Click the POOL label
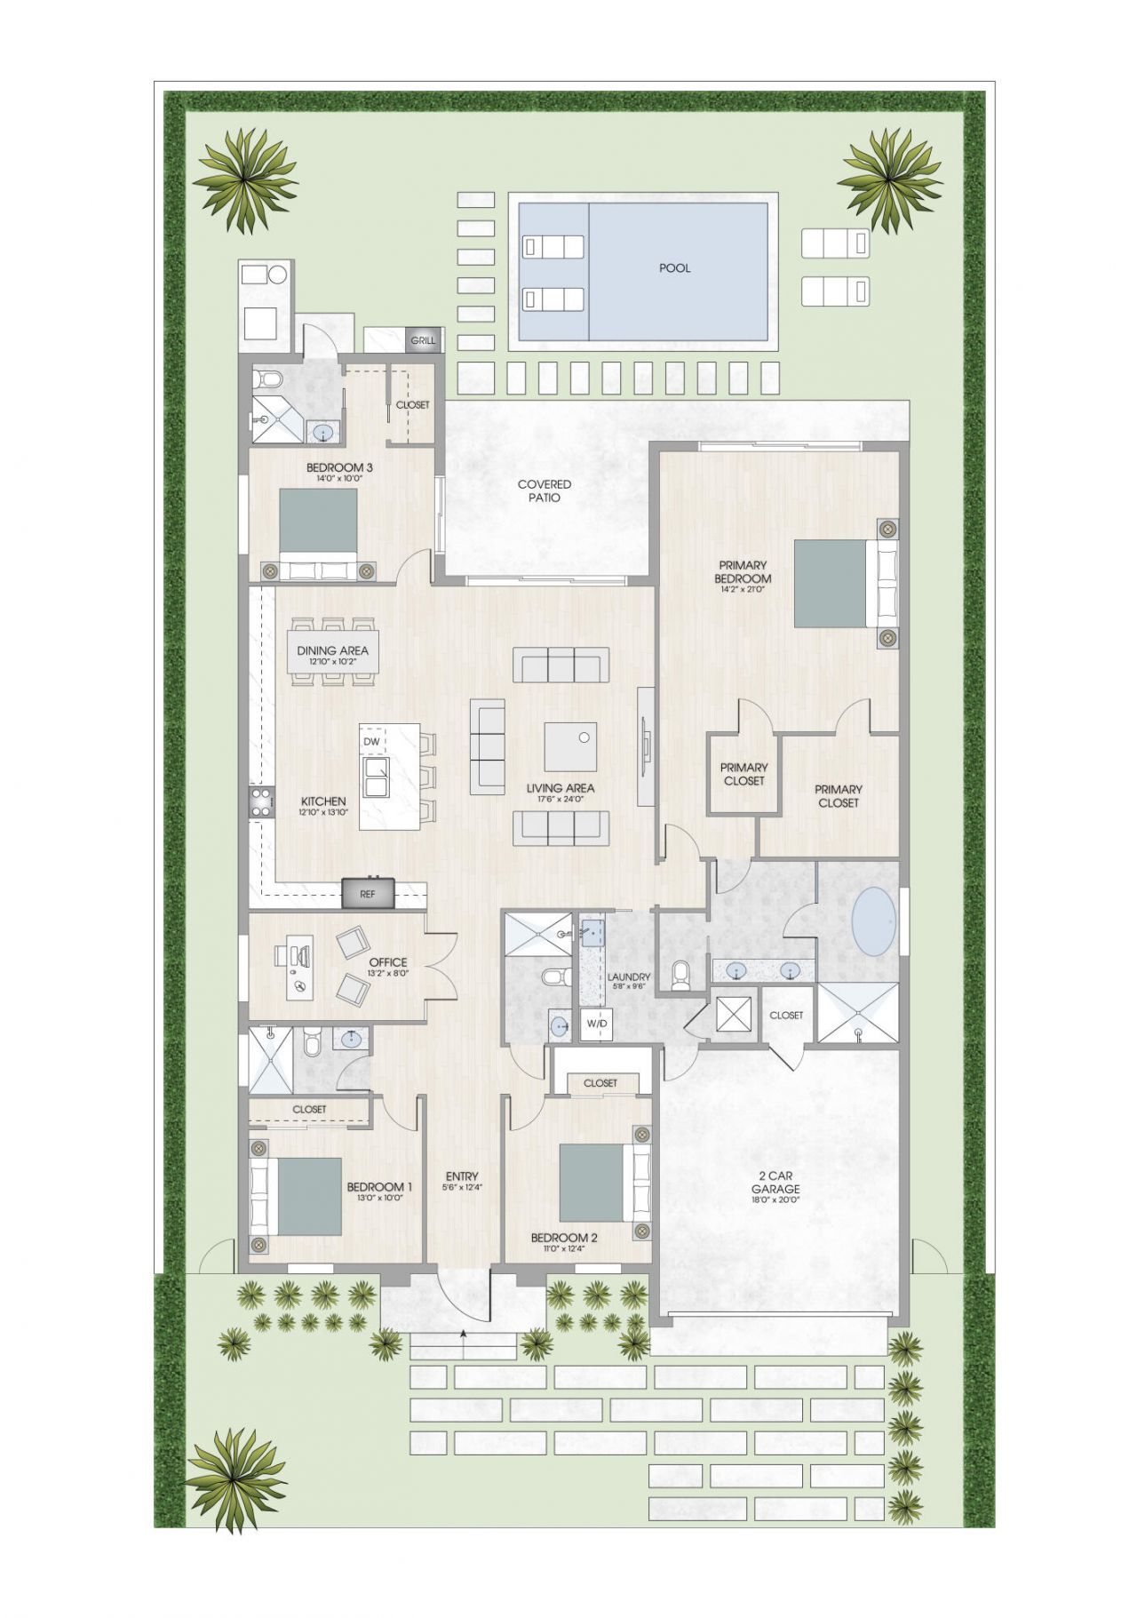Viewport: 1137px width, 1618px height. click(x=674, y=268)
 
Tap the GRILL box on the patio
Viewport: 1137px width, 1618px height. click(x=423, y=340)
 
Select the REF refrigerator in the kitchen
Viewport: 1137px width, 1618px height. click(x=368, y=895)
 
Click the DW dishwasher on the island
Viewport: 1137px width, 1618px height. click(x=371, y=741)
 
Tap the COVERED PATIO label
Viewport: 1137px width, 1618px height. click(x=545, y=491)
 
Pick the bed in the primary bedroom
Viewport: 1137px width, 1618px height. click(x=831, y=583)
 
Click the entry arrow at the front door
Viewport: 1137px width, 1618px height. click(x=463, y=1333)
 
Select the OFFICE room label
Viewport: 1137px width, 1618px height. click(x=388, y=961)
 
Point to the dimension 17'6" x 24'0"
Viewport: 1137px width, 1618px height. click(x=561, y=799)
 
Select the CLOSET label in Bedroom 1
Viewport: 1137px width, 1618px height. click(x=309, y=1110)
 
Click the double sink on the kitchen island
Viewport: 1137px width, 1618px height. click(x=377, y=777)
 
